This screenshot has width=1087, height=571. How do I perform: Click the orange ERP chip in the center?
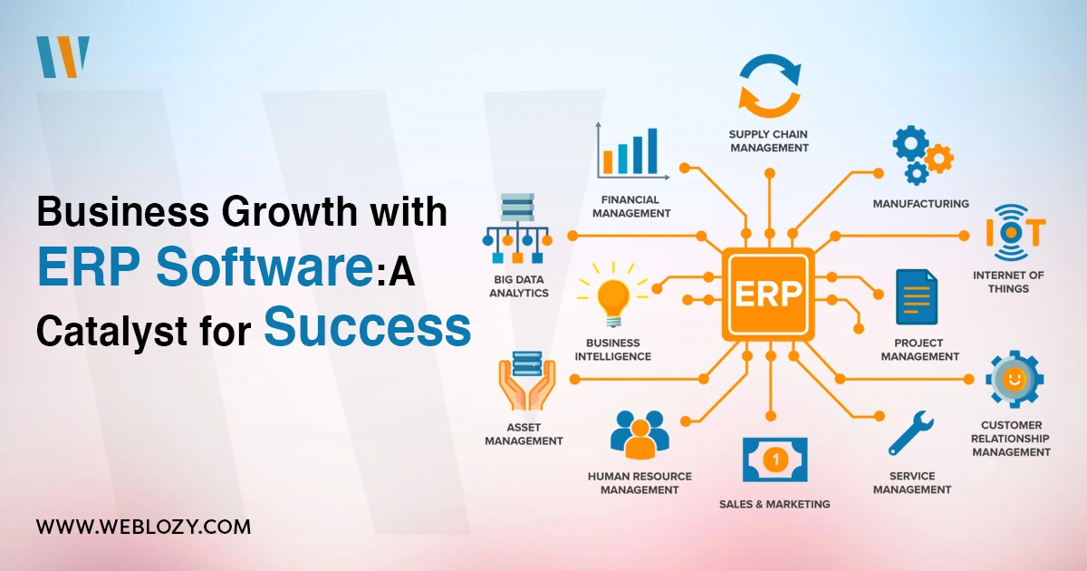768,294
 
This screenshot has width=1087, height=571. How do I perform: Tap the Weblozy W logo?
63,57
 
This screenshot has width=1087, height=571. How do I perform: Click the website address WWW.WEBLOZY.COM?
144,527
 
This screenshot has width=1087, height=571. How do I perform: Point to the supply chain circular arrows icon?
769,85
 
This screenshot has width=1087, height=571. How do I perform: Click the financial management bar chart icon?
633,151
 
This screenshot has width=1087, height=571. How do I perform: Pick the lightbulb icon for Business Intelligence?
613,295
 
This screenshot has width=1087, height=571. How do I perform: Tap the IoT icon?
1015,233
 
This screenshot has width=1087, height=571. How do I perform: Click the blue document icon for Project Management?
917,296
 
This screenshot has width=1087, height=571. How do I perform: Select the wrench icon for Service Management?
911,432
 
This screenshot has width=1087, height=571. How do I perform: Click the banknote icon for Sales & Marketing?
775,460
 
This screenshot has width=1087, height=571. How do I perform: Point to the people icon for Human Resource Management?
640,435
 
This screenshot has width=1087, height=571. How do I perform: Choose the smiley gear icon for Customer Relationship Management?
1015,379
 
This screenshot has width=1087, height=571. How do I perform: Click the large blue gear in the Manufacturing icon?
911,143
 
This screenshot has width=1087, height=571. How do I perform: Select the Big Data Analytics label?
519,286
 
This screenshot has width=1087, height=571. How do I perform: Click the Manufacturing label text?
920,204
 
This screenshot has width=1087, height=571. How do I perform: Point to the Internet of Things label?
1008,282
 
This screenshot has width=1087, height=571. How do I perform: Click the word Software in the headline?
264,266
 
